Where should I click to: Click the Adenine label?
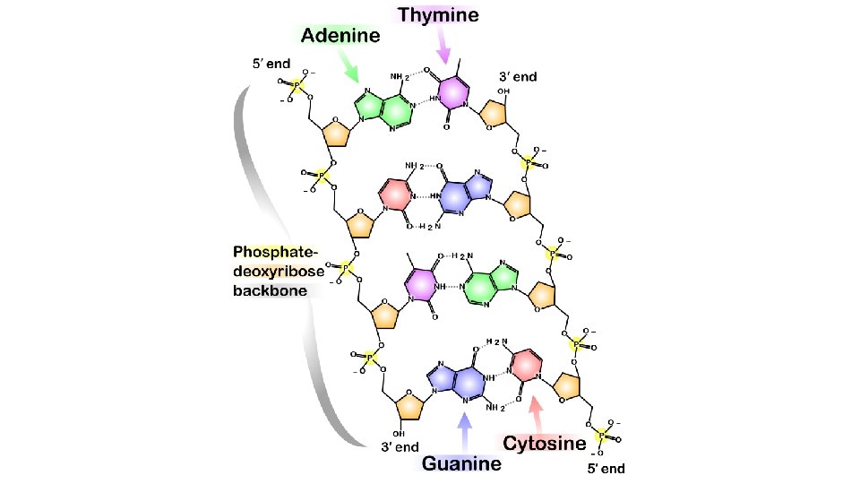[340, 36]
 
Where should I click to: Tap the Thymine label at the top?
[438, 14]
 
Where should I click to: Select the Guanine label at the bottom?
[462, 464]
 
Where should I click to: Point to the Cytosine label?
[545, 443]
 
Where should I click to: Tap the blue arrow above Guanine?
[463, 432]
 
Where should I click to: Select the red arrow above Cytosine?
[536, 415]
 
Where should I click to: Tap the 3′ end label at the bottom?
[400, 446]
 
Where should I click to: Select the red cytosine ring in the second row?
[397, 194]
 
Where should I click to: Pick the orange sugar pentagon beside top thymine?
[496, 113]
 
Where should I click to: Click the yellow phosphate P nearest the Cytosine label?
[600, 435]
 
